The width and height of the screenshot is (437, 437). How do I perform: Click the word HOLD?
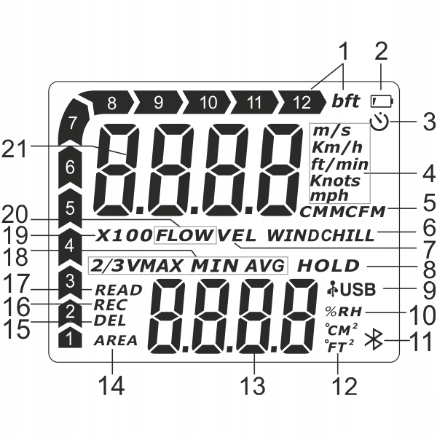pyautogui.click(x=328, y=266)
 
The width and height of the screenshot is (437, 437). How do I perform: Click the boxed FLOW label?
pyautogui.click(x=185, y=235)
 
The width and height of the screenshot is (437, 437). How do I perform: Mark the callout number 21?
pyautogui.click(x=16, y=149)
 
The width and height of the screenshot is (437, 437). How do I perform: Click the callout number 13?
pyautogui.click(x=253, y=384)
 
